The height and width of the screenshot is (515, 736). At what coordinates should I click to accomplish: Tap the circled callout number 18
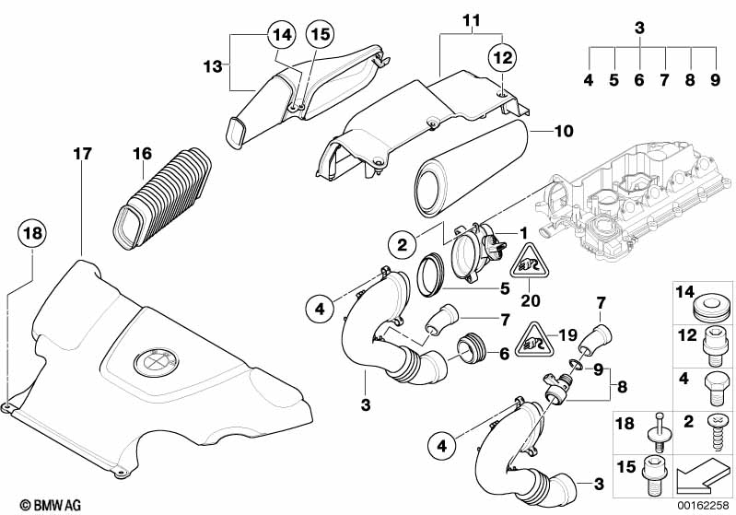[32, 233]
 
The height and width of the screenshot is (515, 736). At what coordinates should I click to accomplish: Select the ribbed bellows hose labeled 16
[162, 198]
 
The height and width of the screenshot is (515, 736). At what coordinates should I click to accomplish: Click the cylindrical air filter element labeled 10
[471, 169]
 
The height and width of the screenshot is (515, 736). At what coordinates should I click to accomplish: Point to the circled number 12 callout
[502, 58]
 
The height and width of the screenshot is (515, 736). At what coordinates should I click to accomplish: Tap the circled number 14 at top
[282, 34]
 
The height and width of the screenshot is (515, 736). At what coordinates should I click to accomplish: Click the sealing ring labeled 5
[431, 275]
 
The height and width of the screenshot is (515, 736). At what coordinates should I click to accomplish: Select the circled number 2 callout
[403, 244]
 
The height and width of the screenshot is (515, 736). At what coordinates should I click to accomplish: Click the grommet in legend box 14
[714, 308]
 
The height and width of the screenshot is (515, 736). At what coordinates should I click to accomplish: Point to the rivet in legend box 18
[658, 431]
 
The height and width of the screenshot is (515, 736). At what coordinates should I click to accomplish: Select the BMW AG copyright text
[51, 505]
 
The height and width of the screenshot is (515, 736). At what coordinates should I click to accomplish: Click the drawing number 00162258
[702, 505]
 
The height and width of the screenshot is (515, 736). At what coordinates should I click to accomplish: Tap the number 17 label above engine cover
[82, 153]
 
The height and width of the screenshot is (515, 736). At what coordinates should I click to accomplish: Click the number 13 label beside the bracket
[213, 66]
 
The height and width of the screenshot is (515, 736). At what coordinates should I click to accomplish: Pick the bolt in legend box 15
[655, 475]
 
